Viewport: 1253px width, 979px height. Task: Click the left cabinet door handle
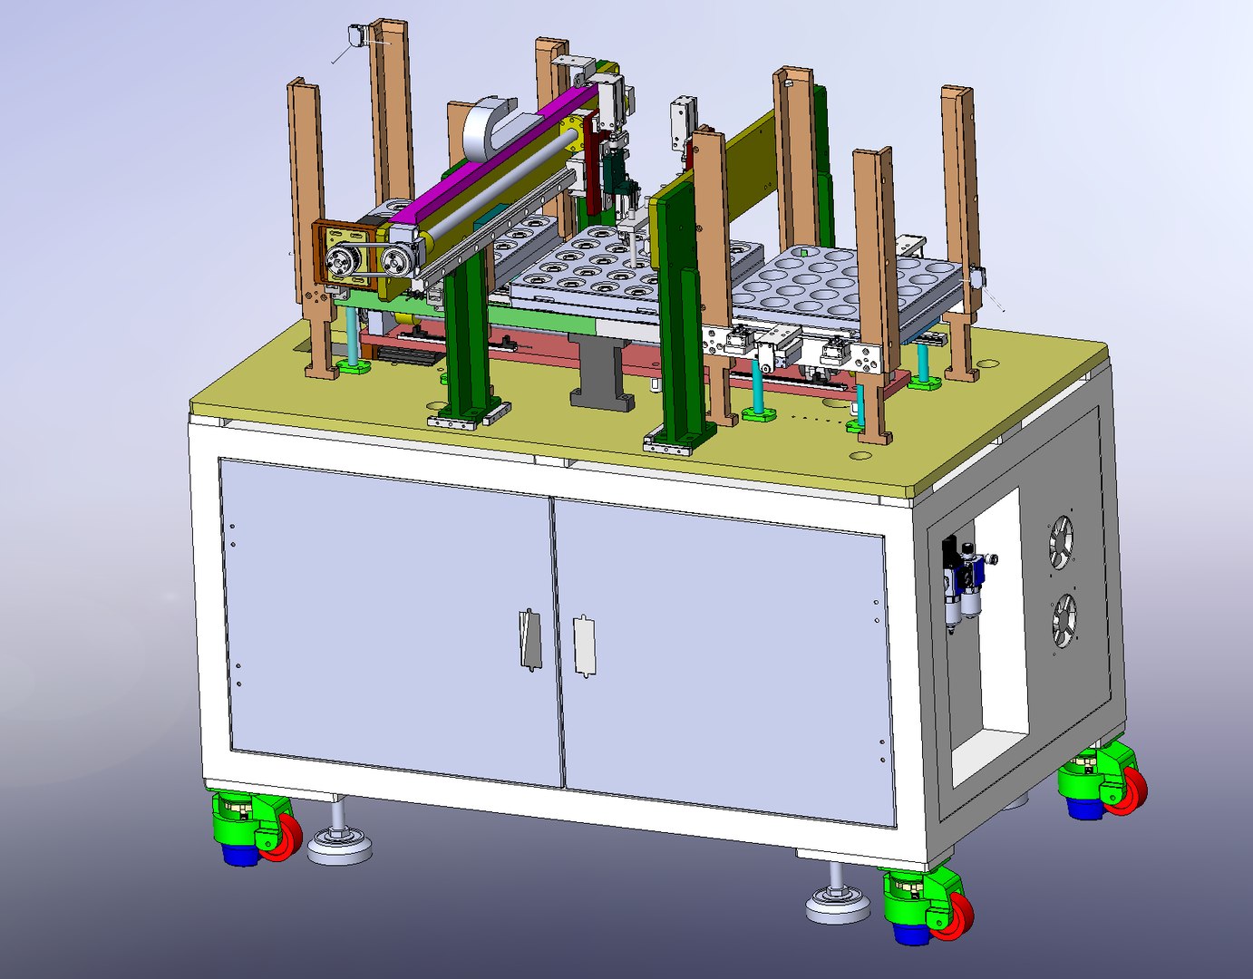pos(529,640)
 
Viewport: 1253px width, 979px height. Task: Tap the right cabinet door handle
pos(585,645)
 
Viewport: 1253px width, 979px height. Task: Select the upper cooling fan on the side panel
pos(1062,542)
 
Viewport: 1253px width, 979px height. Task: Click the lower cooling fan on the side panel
pos(1064,621)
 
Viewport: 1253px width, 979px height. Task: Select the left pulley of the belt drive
pos(341,263)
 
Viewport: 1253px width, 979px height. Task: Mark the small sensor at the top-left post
pos(355,36)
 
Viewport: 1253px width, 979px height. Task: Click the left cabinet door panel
pos(390,616)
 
